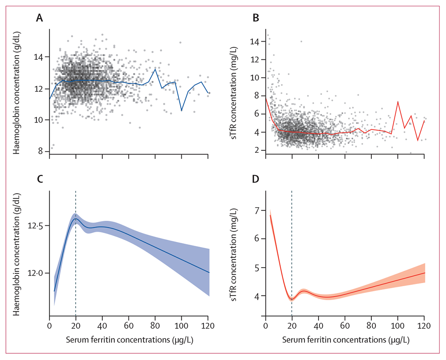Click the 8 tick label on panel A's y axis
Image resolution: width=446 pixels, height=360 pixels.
(43, 151)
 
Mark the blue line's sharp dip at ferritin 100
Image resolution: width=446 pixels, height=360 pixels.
(181, 111)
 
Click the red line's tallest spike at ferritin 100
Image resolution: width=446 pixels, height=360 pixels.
(398, 101)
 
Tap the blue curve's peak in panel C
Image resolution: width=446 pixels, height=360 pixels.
(76, 219)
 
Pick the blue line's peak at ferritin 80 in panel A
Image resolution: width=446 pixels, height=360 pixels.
(155, 69)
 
